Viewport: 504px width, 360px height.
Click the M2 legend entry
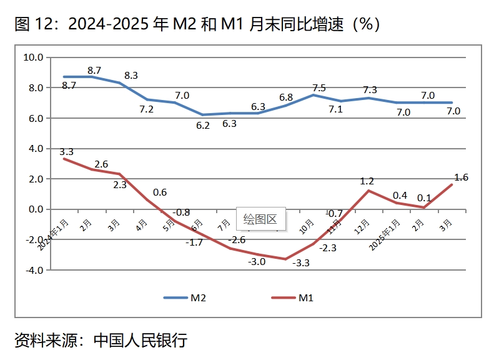pos(185,298)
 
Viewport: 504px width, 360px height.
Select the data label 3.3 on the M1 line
pos(67,151)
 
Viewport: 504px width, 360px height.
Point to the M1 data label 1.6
pos(461,177)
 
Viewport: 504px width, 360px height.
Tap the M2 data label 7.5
pos(319,88)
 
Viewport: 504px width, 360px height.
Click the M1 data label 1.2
pos(367,181)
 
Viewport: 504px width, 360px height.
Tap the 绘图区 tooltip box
pos(260,219)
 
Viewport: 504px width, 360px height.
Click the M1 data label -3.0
pos(257,261)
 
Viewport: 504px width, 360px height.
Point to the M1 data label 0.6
pos(159,192)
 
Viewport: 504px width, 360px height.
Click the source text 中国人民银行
pos(140,341)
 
